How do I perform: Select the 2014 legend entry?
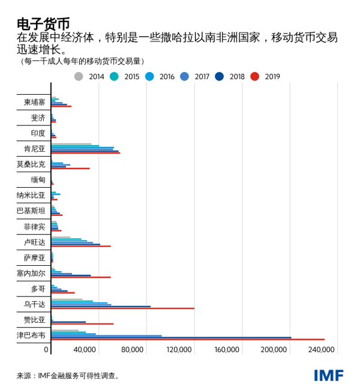pos(90,76)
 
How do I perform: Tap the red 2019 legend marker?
pos(254,76)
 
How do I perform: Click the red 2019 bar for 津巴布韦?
pos(187,340)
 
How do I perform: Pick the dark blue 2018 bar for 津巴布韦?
pos(171,337)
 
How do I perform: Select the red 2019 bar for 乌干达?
pos(122,308)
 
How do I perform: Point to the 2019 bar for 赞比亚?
pos(82,324)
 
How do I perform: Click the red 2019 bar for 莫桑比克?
pos(70,169)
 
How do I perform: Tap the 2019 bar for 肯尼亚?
pos(85,153)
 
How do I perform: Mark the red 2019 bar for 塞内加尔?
pos(81,277)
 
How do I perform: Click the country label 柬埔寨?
pos(34,102)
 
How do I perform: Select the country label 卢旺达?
pos(34,242)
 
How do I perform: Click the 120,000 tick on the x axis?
pos(178,349)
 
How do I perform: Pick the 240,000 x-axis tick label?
pos(322,349)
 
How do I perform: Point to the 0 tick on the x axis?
pos(46,349)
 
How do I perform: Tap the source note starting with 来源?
pos(67,376)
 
